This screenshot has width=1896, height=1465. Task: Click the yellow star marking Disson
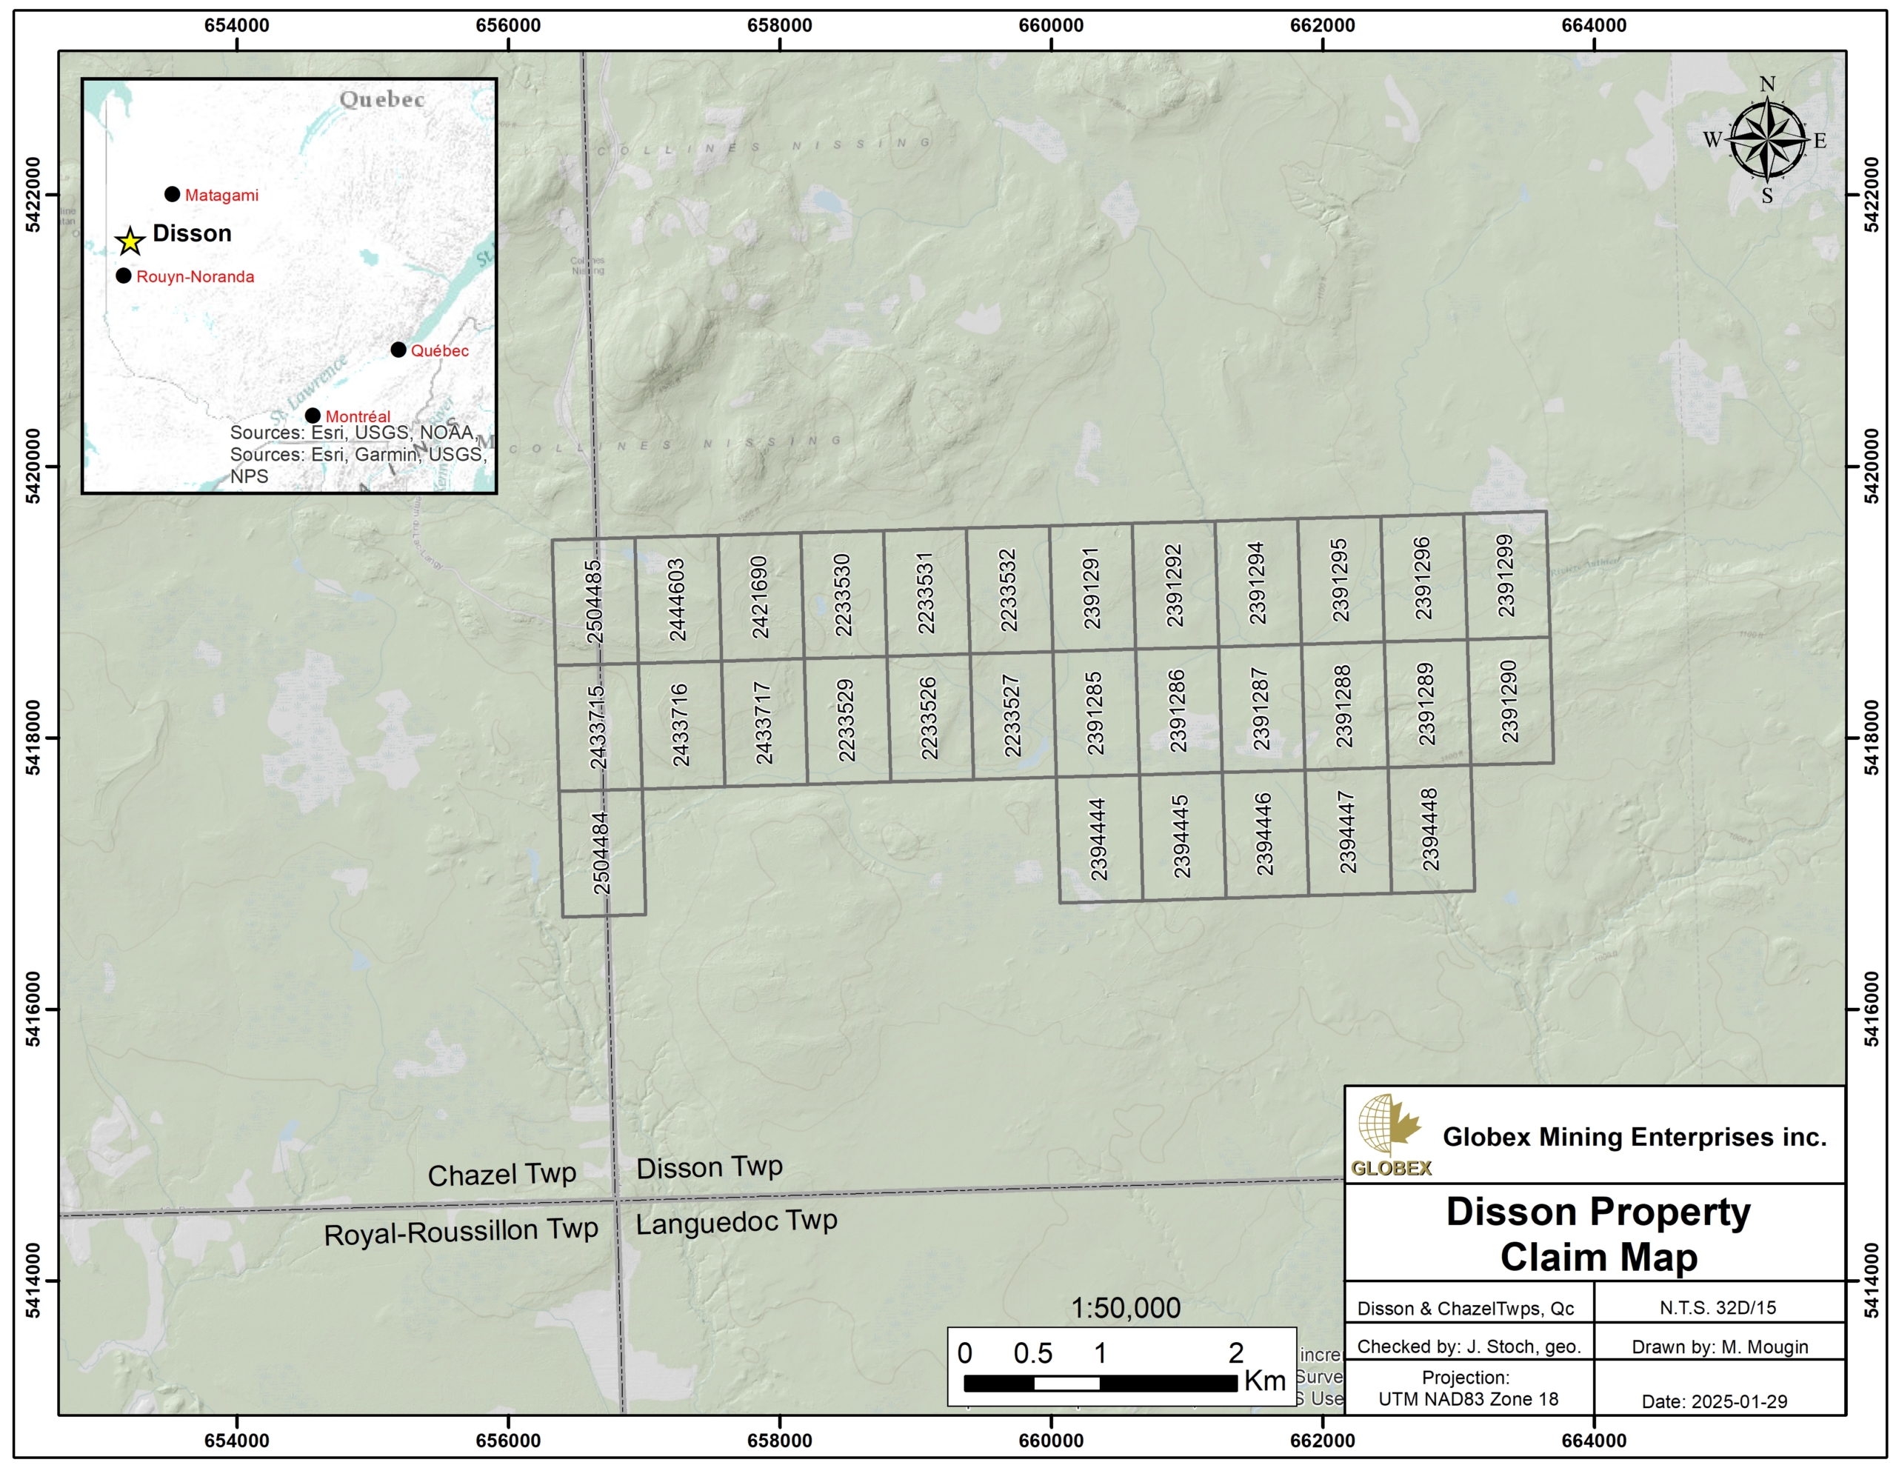[x=130, y=241]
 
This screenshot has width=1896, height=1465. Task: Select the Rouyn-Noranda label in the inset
[x=196, y=276]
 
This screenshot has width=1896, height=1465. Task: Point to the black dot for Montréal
[x=313, y=415]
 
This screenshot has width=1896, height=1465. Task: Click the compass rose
[x=1766, y=140]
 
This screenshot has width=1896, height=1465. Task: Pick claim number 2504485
[x=595, y=601]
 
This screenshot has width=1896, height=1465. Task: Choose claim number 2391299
[x=1506, y=575]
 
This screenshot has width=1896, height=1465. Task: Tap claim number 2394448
[x=1431, y=829]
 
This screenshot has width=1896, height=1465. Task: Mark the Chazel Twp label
[x=502, y=1174]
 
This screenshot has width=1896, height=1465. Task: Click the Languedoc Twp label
[x=736, y=1222]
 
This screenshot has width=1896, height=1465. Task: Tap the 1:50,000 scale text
[x=1125, y=1307]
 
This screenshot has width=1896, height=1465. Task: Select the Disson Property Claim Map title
[x=1598, y=1233]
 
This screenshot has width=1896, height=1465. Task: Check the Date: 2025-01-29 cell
[x=1714, y=1401]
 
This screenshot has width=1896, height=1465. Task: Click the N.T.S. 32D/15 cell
[x=1718, y=1307]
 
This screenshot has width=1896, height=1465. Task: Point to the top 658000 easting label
[x=780, y=25]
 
